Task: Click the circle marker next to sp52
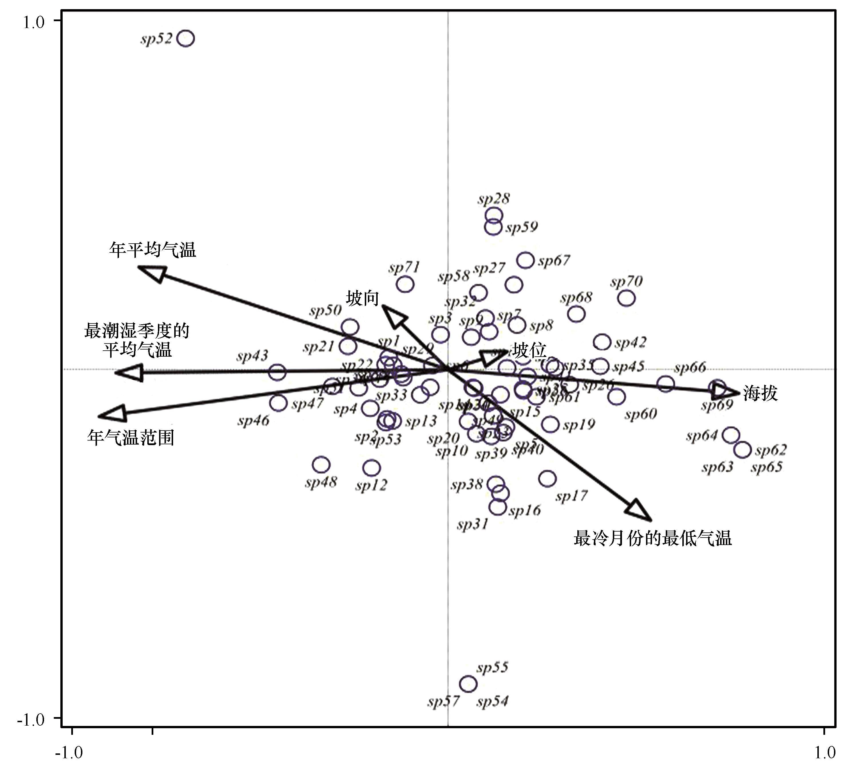[186, 38]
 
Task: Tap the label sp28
[494, 198]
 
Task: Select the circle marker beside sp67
[525, 260]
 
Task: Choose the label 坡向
[362, 298]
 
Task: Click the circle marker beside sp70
[626, 298]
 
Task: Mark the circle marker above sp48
[321, 465]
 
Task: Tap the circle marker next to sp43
[277, 372]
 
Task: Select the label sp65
[766, 467]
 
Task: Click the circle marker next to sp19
[550, 425]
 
